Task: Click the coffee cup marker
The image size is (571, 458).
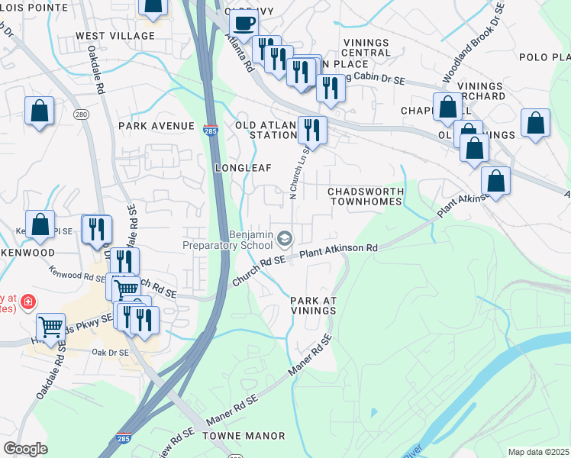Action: (x=243, y=23)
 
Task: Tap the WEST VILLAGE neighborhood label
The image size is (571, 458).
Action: (x=115, y=36)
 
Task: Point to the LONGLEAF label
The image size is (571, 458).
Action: (x=244, y=167)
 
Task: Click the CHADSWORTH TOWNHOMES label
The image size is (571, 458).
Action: (x=364, y=196)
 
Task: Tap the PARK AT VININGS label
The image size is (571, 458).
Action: (x=313, y=305)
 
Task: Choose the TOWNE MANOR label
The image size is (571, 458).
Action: (x=244, y=436)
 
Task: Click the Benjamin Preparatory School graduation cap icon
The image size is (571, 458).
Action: (x=285, y=240)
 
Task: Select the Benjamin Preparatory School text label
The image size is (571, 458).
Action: (x=227, y=240)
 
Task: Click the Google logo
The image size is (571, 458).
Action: (x=25, y=449)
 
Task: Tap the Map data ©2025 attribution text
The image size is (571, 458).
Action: (x=538, y=452)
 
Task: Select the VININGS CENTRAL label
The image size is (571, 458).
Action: (x=366, y=47)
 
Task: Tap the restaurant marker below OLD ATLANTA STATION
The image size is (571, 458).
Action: (x=312, y=129)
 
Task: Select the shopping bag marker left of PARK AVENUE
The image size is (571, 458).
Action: (x=39, y=111)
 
